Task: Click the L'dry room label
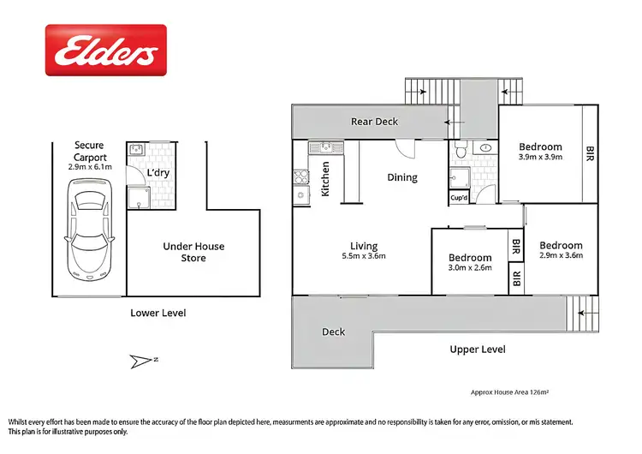pos(158,173)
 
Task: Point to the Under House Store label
pos(193,252)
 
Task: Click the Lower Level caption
pos(158,313)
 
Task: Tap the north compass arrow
pos(142,361)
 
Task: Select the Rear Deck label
pos(375,122)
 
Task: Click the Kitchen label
pos(325,179)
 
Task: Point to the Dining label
pos(401,178)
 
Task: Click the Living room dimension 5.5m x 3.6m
pos(364,255)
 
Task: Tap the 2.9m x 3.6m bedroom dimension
pos(561,255)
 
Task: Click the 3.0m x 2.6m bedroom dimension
pos(470,269)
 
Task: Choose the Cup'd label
pos(459,197)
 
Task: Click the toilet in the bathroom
pos(461,151)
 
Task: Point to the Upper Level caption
pos(478,349)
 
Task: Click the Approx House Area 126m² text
pos(509,391)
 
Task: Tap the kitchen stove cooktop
pos(300,178)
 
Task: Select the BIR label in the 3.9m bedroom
pos(590,154)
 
